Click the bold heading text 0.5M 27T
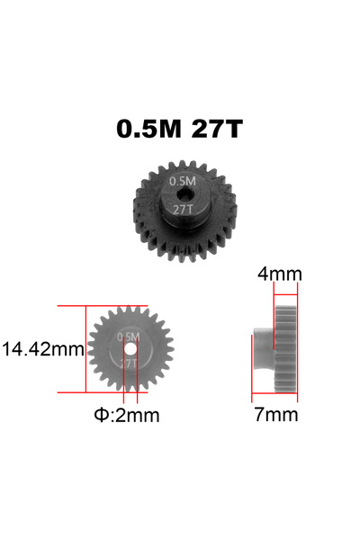coord(179,129)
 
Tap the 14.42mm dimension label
coord(42,349)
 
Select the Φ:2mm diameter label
coord(127,415)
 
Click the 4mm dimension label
coord(280,274)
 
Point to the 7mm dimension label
coord(276,414)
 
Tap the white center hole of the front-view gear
coord(130,349)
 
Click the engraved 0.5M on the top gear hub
coord(182,181)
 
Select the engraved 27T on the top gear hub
coord(183,209)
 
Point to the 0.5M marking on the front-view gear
coord(128,337)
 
